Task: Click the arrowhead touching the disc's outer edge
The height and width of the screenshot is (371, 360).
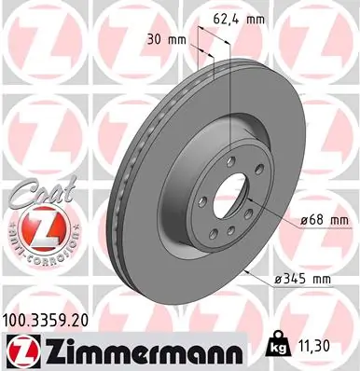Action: (244, 269)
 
